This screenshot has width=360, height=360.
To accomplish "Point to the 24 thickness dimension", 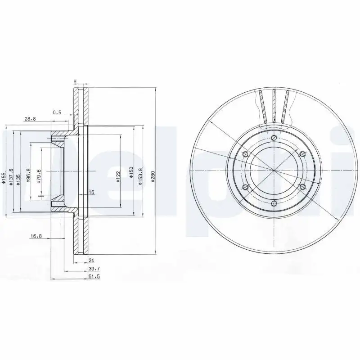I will coord(91,260).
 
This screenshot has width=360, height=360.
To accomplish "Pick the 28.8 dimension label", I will coord(30,118).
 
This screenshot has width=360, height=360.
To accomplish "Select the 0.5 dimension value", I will coord(57,112).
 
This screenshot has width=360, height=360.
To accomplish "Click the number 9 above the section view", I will coord(75,81).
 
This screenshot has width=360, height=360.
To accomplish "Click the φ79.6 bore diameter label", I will coord(39,175).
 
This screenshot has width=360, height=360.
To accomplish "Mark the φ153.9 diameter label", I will coord(140,175).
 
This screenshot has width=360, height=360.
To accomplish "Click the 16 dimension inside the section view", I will coord(91,192).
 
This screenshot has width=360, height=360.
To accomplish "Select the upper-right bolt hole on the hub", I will coord(302,154).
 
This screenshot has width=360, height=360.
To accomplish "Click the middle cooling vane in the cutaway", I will coord(274,105).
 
